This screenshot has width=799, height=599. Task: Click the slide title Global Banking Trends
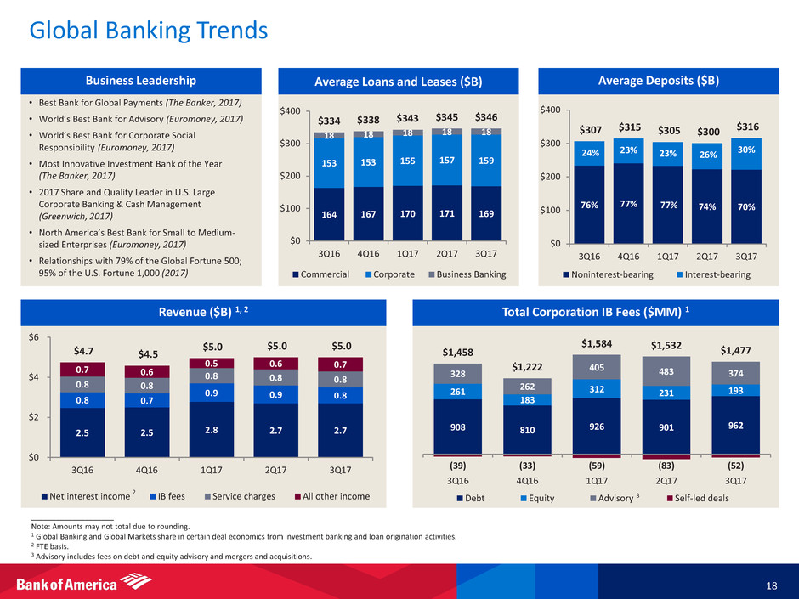point(149,31)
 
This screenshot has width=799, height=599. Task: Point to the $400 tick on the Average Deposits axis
point(550,110)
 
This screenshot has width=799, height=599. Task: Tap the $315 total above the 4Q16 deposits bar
point(630,127)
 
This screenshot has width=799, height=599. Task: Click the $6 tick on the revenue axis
point(33,337)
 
